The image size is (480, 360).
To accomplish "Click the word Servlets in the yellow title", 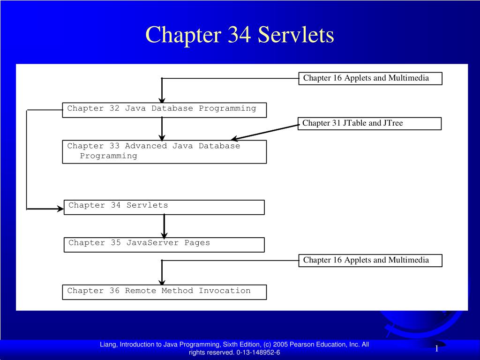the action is (x=296, y=34).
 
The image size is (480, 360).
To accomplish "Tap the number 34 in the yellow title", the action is (x=240, y=34).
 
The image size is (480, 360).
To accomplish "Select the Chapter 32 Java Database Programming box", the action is (x=165, y=110).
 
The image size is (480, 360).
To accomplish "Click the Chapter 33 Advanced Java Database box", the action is (x=165, y=152).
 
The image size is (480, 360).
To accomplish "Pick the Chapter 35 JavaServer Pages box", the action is (x=164, y=245).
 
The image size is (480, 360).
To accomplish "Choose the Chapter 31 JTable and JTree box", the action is (x=369, y=123).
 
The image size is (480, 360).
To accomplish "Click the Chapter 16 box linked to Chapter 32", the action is (x=370, y=78).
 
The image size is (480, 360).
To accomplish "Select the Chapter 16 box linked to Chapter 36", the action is (x=370, y=261).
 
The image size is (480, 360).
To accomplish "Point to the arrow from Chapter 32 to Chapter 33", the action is (x=162, y=129).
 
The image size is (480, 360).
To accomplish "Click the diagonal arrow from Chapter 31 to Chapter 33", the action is (x=265, y=132).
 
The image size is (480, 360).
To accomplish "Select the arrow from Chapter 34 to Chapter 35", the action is (x=165, y=226).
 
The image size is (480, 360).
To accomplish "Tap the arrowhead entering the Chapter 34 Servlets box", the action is (x=60, y=209).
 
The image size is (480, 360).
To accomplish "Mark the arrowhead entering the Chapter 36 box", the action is (x=162, y=282).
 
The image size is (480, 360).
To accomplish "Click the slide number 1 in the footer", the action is (x=437, y=348).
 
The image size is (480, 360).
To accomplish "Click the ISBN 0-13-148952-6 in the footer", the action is (x=258, y=352).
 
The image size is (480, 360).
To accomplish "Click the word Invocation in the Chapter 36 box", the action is (x=225, y=291).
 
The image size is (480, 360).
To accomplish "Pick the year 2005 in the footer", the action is (x=280, y=345).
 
